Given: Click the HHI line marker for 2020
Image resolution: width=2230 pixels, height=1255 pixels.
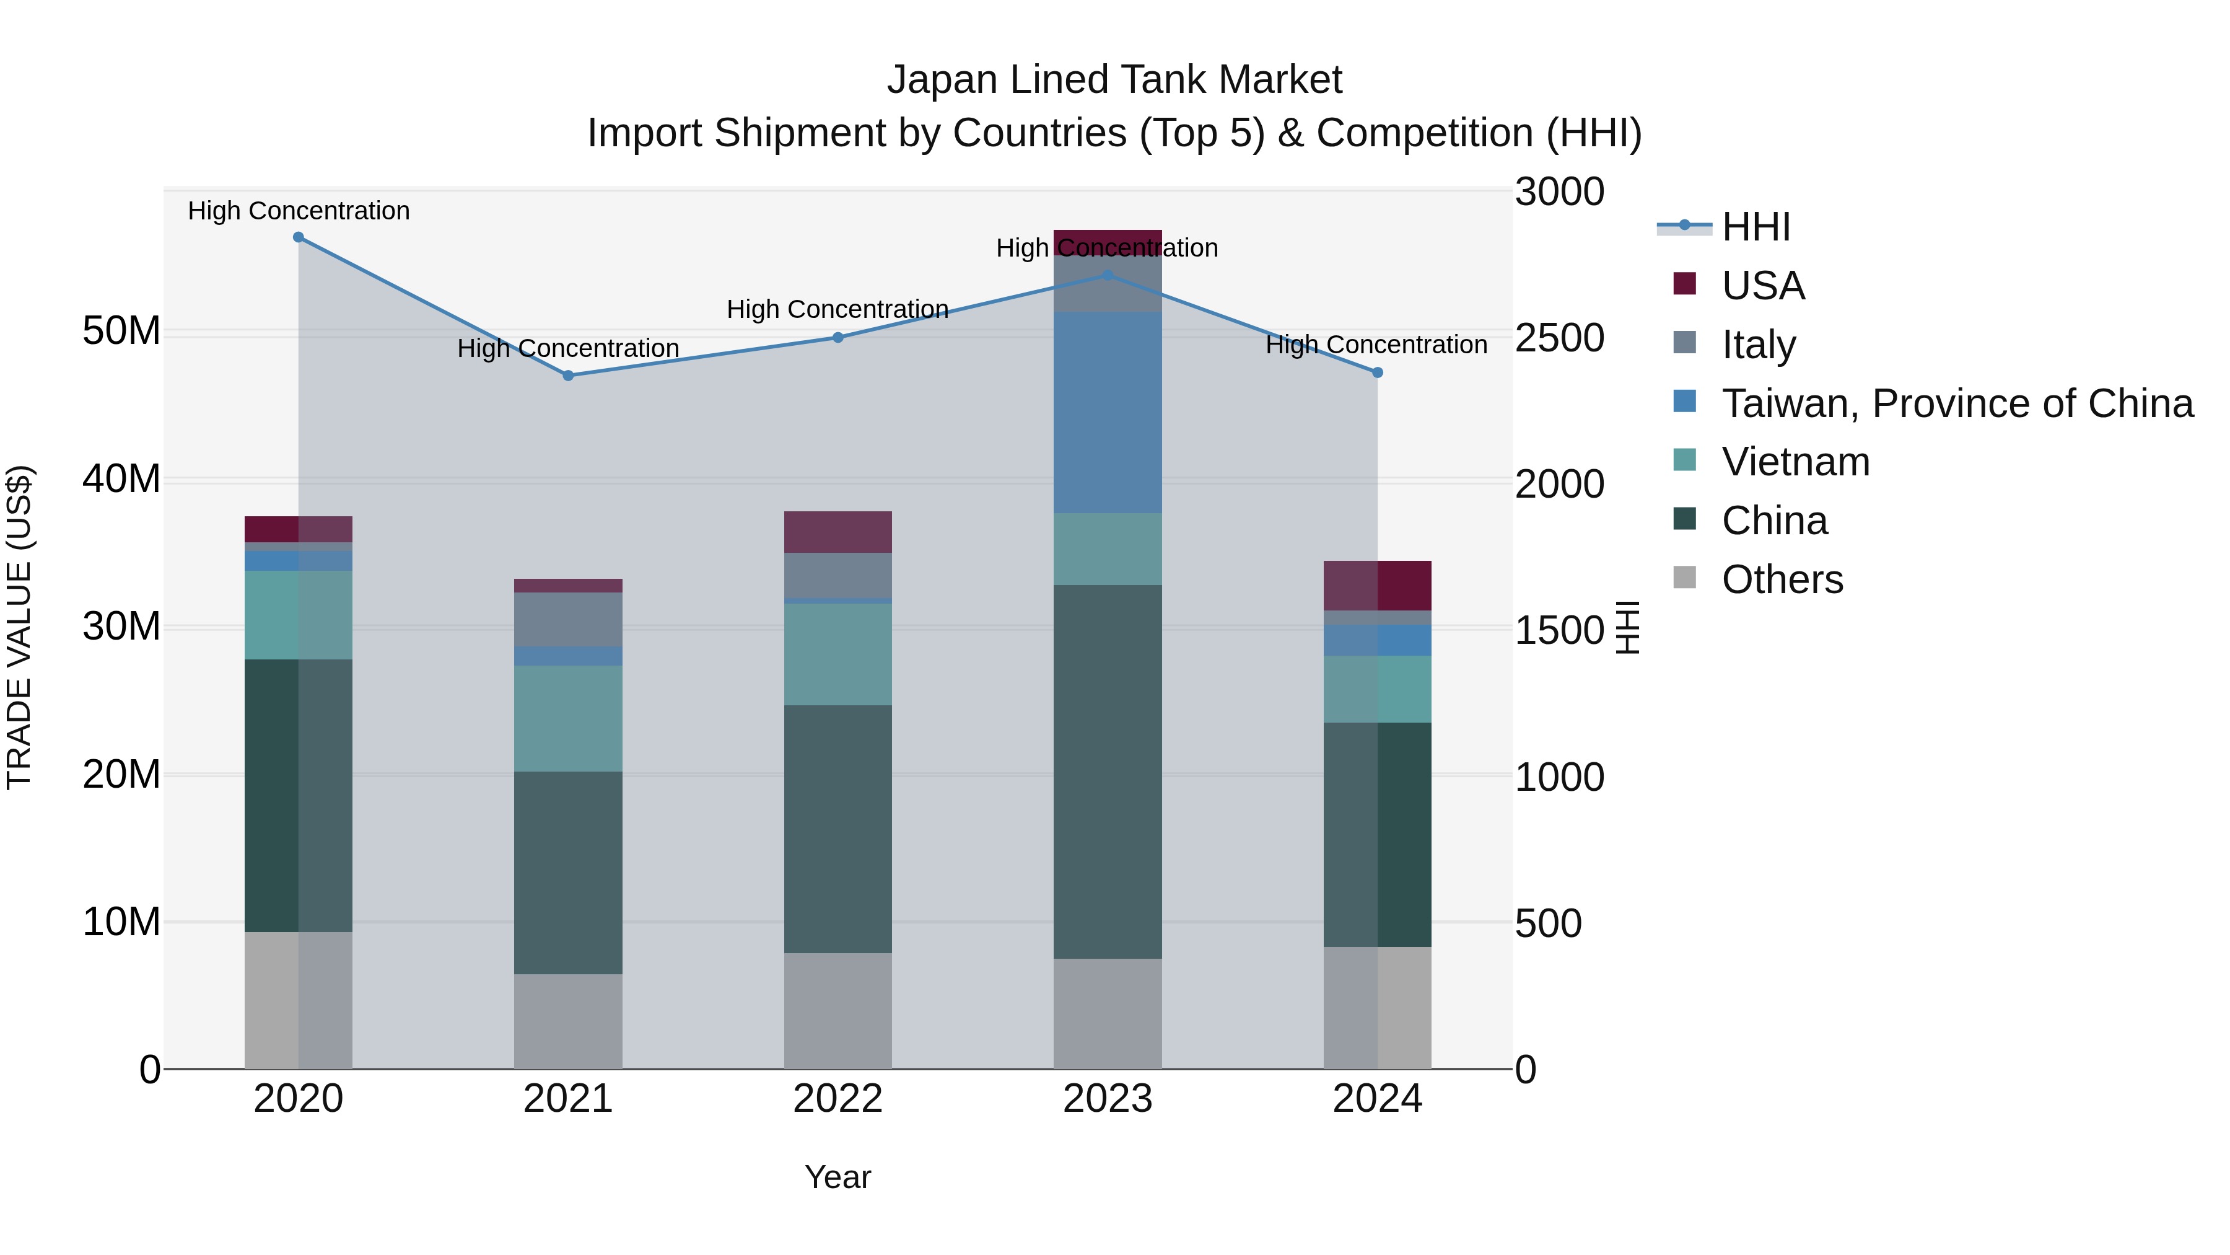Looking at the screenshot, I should click(299, 237).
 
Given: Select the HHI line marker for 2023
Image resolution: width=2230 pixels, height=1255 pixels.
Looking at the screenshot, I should click(1107, 275).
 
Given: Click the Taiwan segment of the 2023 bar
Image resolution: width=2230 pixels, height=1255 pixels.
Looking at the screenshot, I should click(1107, 412).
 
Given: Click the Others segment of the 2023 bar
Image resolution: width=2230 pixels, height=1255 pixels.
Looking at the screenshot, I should click(1107, 1013).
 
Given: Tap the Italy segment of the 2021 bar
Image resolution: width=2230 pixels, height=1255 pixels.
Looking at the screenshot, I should click(568, 619).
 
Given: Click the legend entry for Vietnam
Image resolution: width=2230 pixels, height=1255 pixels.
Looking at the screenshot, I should click(1795, 462).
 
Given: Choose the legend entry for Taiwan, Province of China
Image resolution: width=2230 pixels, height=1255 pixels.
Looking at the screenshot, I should click(1956, 403).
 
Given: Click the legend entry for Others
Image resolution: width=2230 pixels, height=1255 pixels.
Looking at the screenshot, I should click(1782, 579).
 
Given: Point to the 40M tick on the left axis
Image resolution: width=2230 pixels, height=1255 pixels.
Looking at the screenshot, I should click(121, 479).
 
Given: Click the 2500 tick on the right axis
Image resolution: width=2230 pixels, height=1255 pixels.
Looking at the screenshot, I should click(1559, 338).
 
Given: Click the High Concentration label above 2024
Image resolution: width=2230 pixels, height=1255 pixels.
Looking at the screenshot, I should click(1376, 345).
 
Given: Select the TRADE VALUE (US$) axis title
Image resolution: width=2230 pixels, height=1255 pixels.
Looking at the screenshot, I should click(19, 627).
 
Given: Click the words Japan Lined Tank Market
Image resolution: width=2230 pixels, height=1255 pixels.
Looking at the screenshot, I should click(1114, 80).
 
